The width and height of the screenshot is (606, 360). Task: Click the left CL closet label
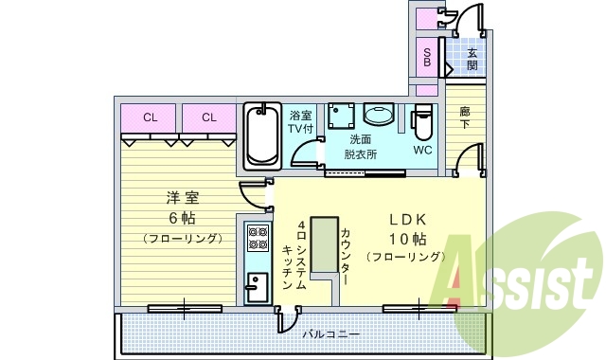(x=150, y=117)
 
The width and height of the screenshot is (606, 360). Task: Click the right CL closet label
(x=208, y=117)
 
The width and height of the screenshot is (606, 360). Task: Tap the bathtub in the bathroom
(x=260, y=135)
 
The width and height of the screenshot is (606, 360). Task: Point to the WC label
(x=422, y=149)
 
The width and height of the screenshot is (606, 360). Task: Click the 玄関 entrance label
(x=472, y=59)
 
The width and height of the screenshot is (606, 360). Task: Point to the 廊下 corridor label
(x=465, y=118)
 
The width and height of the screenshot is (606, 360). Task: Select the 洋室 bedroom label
(x=183, y=198)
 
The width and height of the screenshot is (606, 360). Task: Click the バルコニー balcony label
(x=331, y=334)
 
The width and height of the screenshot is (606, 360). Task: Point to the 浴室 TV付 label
(x=301, y=121)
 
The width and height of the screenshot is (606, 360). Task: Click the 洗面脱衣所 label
(x=360, y=146)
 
